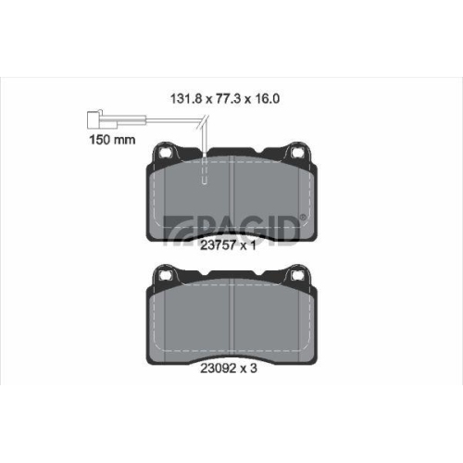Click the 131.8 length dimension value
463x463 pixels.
tap(186, 99)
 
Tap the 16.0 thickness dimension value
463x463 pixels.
tap(267, 99)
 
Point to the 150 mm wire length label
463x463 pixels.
tap(112, 140)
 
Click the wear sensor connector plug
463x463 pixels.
tap(103, 119)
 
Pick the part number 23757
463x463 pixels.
tap(219, 245)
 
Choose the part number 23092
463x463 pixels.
tap(219, 368)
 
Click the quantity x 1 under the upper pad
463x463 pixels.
tap(248, 245)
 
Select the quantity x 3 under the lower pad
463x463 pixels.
tap(249, 368)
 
